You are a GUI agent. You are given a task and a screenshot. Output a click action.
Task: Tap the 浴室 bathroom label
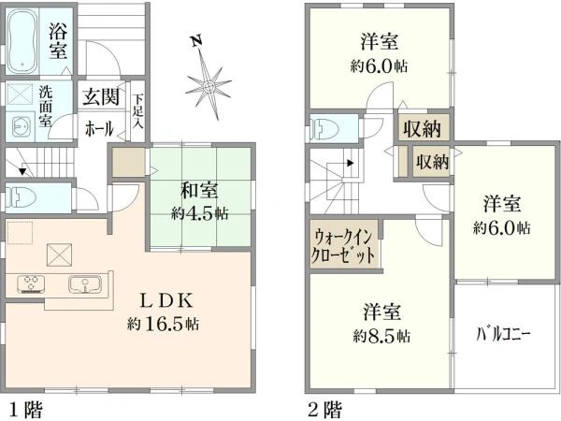pos(58,41)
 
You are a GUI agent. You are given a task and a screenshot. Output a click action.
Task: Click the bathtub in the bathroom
pos(26,42)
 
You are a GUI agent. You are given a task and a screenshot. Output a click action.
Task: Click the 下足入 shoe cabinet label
pos(138,107)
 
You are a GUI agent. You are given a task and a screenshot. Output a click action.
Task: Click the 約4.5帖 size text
pos(199,212)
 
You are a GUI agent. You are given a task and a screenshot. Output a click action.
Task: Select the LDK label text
pos(167,301)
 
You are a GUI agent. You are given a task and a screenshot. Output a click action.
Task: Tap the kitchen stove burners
pos(30,283)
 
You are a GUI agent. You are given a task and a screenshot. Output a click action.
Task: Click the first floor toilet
pos(21,196)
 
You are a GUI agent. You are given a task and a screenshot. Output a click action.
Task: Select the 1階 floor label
pos(24,409)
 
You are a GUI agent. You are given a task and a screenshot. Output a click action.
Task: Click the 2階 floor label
pos(324,409)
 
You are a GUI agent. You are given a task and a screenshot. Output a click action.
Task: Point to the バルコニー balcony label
pos(504,332)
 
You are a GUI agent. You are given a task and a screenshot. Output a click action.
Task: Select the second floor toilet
pos(324,128)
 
